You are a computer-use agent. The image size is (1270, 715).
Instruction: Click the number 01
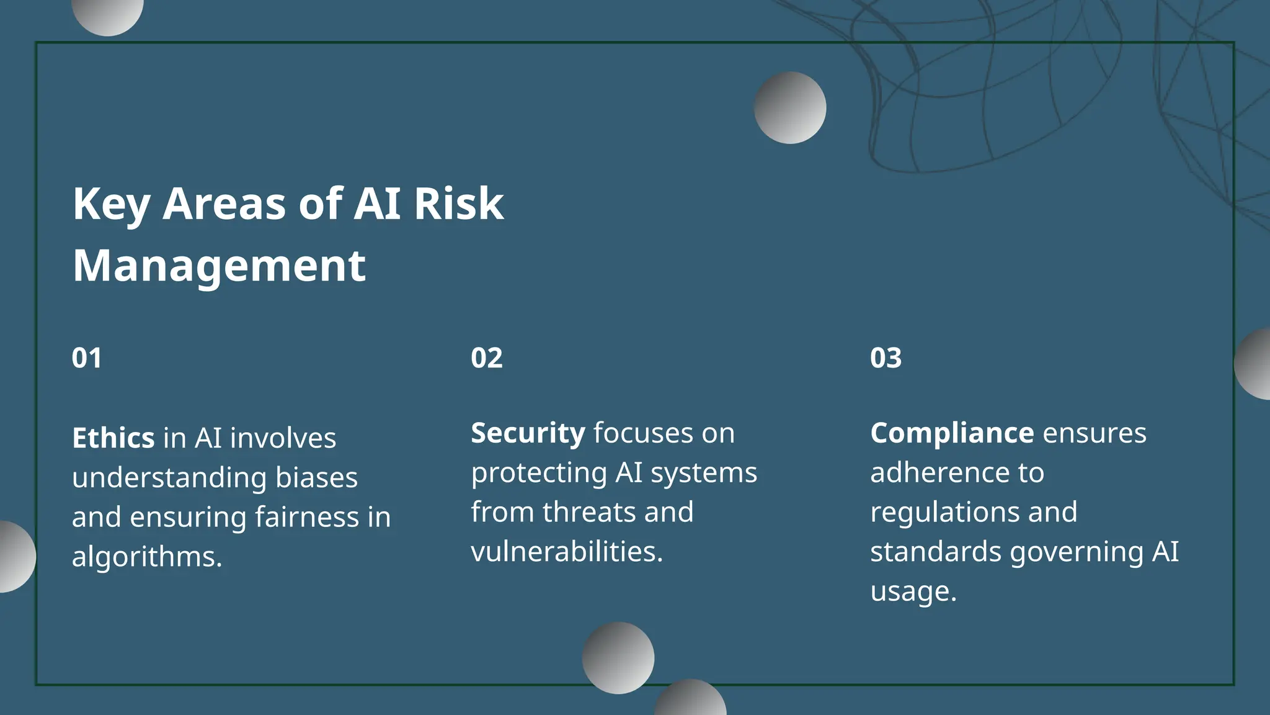(x=87, y=358)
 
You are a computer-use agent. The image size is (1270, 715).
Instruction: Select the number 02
(x=487, y=358)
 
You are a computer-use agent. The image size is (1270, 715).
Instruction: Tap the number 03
(x=886, y=358)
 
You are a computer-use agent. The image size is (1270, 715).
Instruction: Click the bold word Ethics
(x=113, y=438)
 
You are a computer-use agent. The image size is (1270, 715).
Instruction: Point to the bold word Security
(x=528, y=433)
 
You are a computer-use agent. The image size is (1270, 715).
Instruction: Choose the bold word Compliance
(x=952, y=433)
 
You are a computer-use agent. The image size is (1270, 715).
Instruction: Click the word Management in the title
(x=219, y=266)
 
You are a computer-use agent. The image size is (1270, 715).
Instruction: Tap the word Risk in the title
(x=459, y=204)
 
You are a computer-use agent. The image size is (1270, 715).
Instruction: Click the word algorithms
(x=147, y=557)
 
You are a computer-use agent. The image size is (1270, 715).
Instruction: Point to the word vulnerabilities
(x=567, y=552)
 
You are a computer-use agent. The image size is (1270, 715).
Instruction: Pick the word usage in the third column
(x=913, y=591)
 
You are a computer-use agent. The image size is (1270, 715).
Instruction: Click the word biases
(x=316, y=478)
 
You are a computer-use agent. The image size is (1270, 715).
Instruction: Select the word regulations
(x=944, y=513)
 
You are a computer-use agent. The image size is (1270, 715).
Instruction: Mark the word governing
(x=1077, y=552)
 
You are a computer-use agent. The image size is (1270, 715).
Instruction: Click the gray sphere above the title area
(x=789, y=107)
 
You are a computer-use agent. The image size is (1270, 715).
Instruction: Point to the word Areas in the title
(x=224, y=204)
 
